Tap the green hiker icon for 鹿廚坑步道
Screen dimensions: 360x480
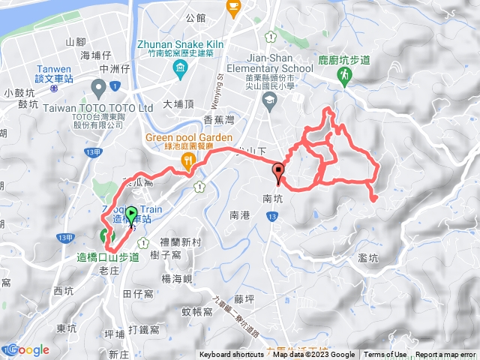click(x=344, y=74)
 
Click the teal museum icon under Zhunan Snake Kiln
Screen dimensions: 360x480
click(x=180, y=70)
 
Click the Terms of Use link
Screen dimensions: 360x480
click(x=385, y=355)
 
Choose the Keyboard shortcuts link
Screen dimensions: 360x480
click(x=232, y=355)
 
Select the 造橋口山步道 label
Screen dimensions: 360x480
click(x=108, y=257)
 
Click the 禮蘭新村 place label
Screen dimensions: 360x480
click(x=181, y=241)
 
